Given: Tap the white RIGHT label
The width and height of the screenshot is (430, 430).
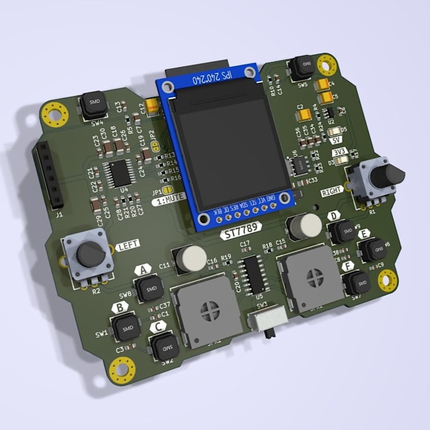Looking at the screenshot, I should (332, 190).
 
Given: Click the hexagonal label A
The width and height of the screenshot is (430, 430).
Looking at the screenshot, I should (144, 269).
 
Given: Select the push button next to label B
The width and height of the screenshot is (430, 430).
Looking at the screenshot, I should (126, 328).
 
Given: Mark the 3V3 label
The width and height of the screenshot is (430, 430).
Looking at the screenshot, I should (339, 152).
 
